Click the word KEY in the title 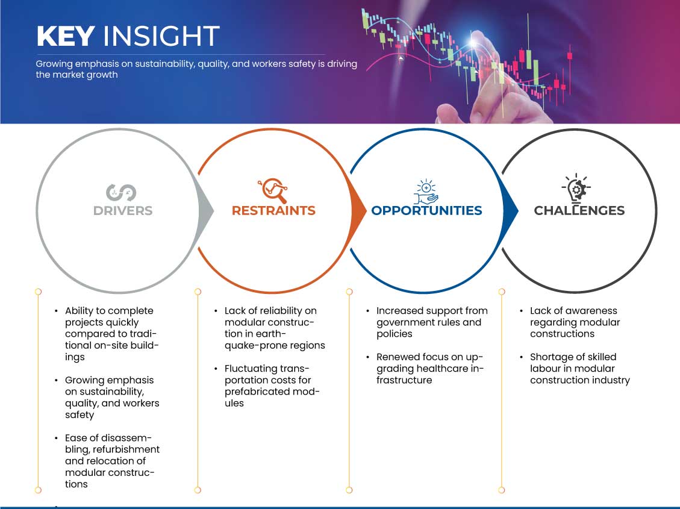[x=66, y=36]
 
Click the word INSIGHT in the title [x=161, y=36]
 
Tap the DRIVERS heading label [x=123, y=211]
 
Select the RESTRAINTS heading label [x=273, y=211]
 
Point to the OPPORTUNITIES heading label [x=427, y=211]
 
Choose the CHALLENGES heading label [x=579, y=211]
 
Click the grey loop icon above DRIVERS [x=122, y=193]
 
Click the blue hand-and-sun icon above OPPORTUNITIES [x=426, y=192]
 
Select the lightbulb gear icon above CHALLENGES [x=576, y=188]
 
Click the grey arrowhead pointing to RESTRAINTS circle [x=207, y=211]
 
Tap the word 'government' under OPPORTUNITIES [x=401, y=323]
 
